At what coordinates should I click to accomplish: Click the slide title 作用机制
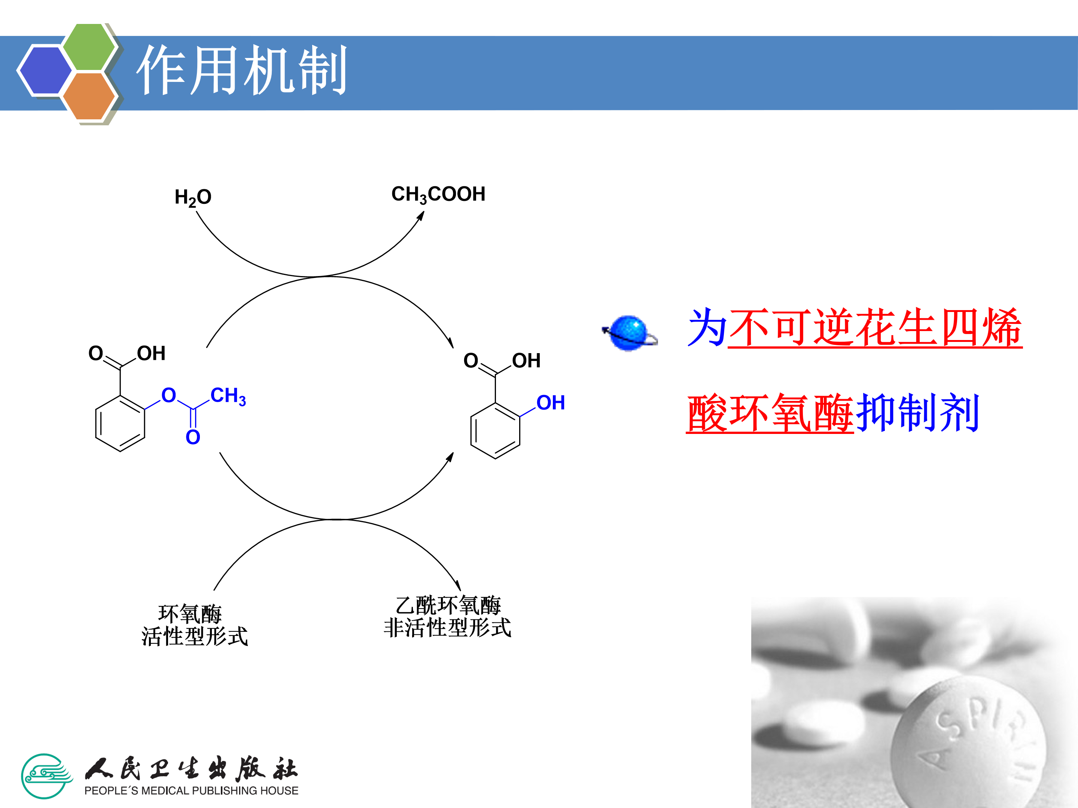[242, 71]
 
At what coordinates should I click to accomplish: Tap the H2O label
[193, 197]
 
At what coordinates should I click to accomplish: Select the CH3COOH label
[438, 194]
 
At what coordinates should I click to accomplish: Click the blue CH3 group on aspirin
[228, 397]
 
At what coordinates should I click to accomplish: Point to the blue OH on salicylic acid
[550, 403]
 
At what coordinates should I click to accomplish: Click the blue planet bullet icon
[629, 333]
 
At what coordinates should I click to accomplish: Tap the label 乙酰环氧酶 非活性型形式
[447, 616]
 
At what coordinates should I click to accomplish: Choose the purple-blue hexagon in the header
[45, 70]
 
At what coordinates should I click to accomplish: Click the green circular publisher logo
[46, 776]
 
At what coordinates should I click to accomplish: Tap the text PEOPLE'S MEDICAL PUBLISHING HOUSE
[191, 791]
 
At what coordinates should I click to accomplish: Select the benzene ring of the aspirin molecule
[120, 423]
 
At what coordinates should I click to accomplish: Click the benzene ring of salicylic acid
[495, 431]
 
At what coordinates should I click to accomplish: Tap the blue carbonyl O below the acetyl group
[193, 437]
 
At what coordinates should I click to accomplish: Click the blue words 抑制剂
[917, 413]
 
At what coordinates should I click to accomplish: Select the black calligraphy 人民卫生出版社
[191, 769]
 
